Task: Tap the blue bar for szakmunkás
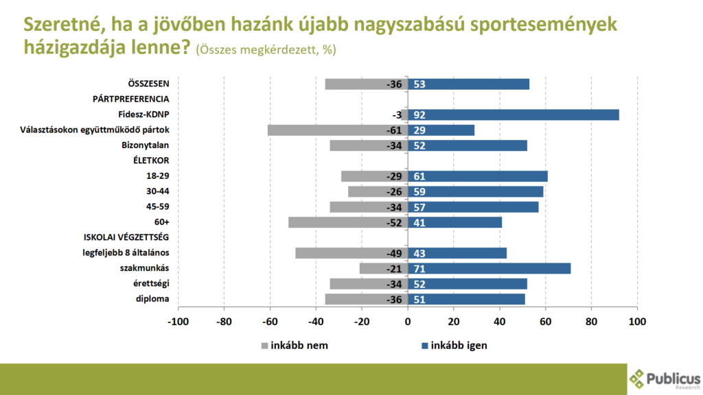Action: (490, 268)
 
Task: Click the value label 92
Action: (418, 115)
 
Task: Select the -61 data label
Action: (393, 130)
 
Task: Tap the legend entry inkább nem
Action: (295, 345)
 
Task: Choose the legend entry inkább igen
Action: (454, 345)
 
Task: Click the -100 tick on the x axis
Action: (178, 322)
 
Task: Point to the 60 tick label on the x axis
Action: (546, 322)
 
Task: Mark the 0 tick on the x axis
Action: (408, 322)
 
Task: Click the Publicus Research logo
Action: (665, 378)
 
